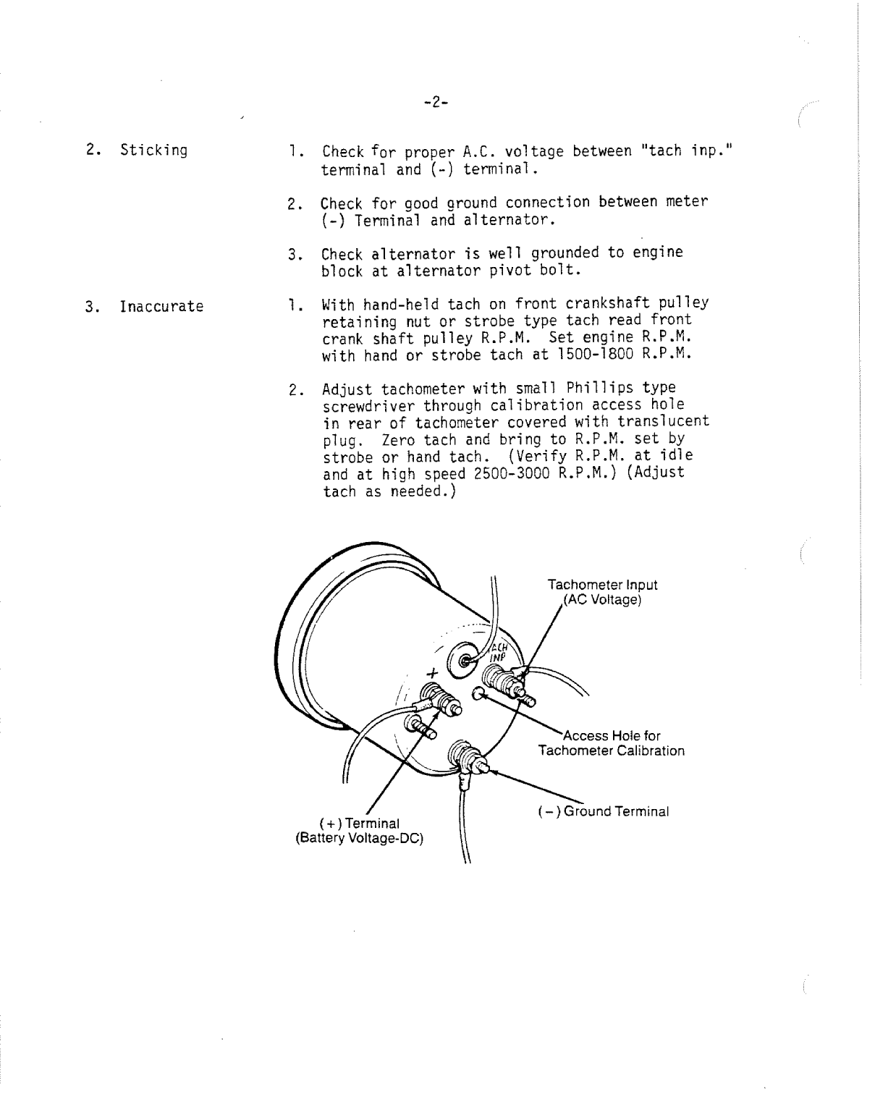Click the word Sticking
tap(153, 151)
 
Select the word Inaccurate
tap(161, 307)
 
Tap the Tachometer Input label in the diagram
tap(602, 585)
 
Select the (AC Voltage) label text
tap(602, 600)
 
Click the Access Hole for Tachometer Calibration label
tap(612, 743)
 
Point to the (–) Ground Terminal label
tap(604, 811)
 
